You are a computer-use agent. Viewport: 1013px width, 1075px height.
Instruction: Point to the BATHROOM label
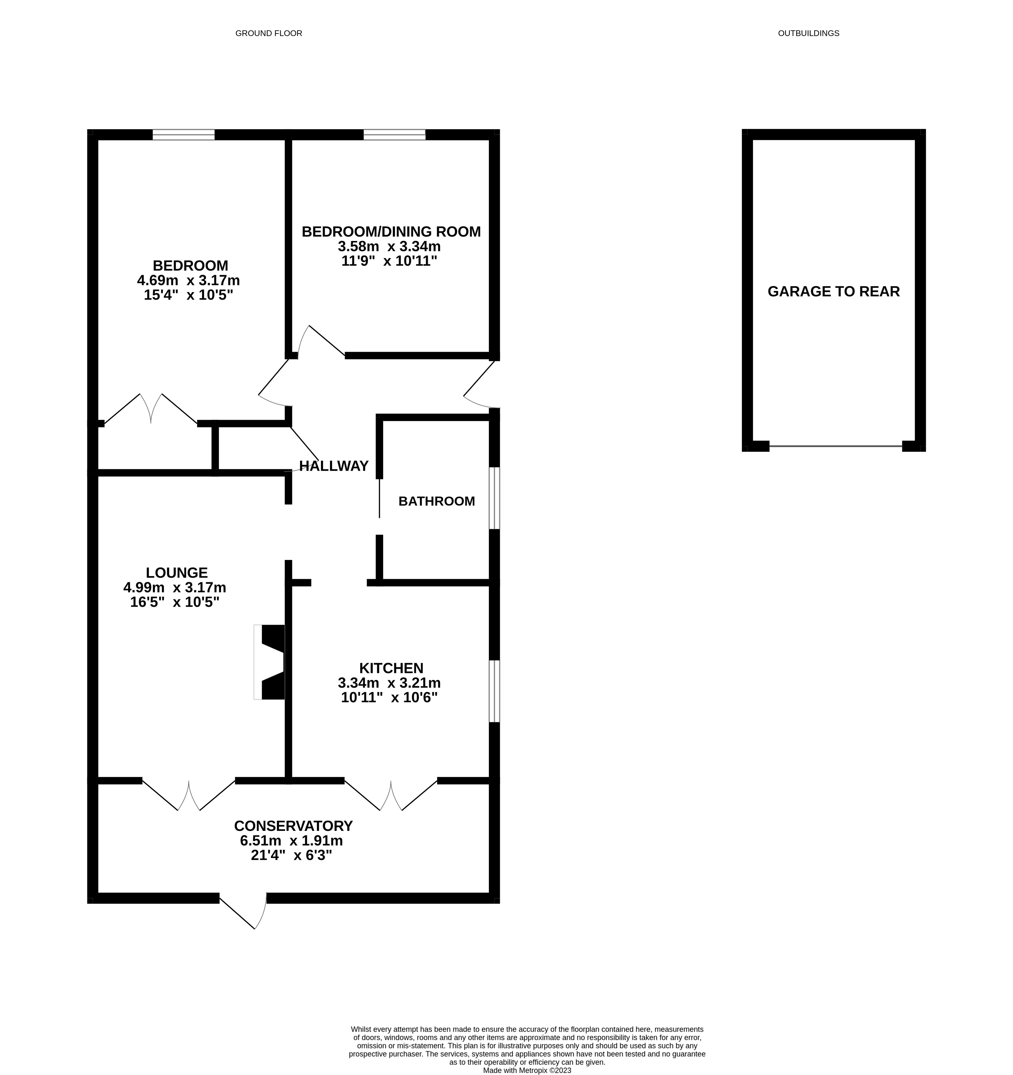tap(436, 501)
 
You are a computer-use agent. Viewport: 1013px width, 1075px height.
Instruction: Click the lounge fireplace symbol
tap(270, 662)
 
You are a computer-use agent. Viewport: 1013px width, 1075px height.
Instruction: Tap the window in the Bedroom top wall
tap(183, 135)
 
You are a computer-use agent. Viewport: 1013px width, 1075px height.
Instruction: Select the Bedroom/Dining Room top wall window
tap(394, 135)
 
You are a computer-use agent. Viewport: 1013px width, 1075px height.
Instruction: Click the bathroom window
tap(494, 498)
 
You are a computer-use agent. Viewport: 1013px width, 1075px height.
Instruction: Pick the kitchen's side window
tap(494, 691)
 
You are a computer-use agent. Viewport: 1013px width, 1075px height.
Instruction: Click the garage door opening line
tap(835, 446)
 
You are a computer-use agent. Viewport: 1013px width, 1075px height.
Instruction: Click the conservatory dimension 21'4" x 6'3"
tap(291, 856)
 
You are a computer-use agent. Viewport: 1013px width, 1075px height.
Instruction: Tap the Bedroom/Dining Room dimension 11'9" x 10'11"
tap(389, 261)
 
